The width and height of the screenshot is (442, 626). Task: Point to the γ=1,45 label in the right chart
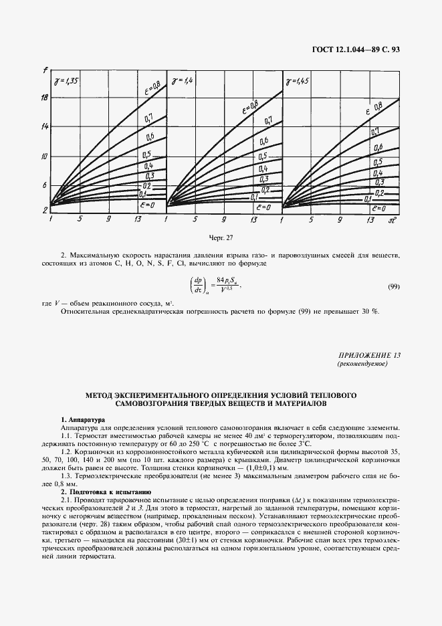(x=297, y=82)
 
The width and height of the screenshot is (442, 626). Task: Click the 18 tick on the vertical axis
(x=44, y=98)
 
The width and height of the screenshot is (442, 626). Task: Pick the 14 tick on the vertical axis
(x=44, y=126)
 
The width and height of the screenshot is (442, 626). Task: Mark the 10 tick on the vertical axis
(x=44, y=156)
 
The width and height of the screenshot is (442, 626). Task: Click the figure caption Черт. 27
(x=221, y=237)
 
